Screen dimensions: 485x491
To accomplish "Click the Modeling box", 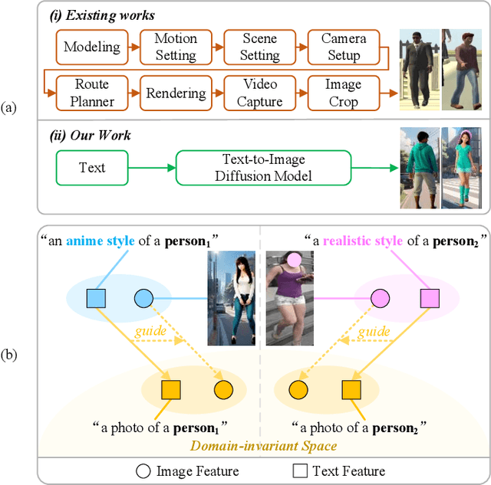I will tap(91, 47).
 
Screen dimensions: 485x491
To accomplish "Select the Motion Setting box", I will tap(176, 47).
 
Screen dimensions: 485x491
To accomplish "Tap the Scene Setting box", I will tap(260, 47).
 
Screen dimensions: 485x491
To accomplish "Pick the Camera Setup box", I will tap(344, 47).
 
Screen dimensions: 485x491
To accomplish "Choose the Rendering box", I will tap(176, 92).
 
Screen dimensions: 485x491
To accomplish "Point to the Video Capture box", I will tap(260, 92).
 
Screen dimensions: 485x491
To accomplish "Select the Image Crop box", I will tap(343, 92).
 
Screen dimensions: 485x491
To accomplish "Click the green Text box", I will tap(92, 167).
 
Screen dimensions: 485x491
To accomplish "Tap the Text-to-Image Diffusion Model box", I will tap(263, 167).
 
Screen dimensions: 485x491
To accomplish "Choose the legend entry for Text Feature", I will tap(338, 470).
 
